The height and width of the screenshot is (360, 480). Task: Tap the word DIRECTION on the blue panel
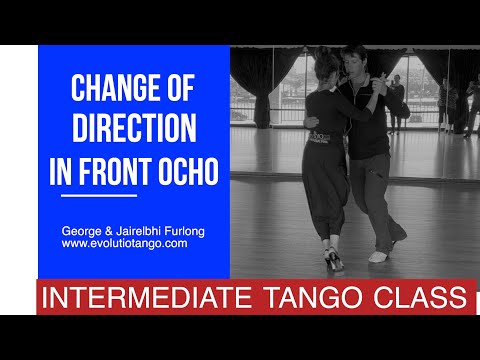pyautogui.click(x=133, y=130)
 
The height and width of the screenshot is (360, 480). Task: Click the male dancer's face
pyautogui.click(x=356, y=63)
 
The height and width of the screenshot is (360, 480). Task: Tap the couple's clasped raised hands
pyautogui.click(x=374, y=86)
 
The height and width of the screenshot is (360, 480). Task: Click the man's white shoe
pyautogui.click(x=377, y=256)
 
